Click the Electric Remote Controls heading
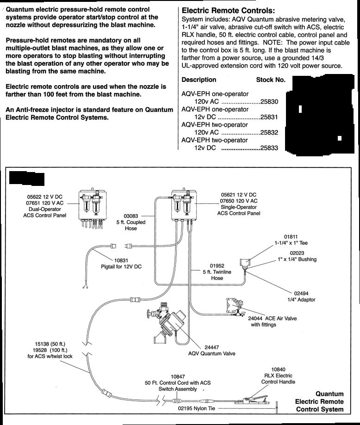pos(228,11)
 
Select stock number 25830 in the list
pos(269,102)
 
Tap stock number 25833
pos(269,148)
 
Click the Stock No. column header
pos(271,80)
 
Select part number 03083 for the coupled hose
pos(131,216)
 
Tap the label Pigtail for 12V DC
pos(121,266)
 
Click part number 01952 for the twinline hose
pos(217,266)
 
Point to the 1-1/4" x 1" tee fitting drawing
pos(245,262)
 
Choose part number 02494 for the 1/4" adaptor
pos(301,293)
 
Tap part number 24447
pos(211,347)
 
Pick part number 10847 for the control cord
pos(178,376)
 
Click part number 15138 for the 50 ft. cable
pos(42,344)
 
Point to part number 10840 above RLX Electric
pos(278,370)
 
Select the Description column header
pos(199,80)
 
